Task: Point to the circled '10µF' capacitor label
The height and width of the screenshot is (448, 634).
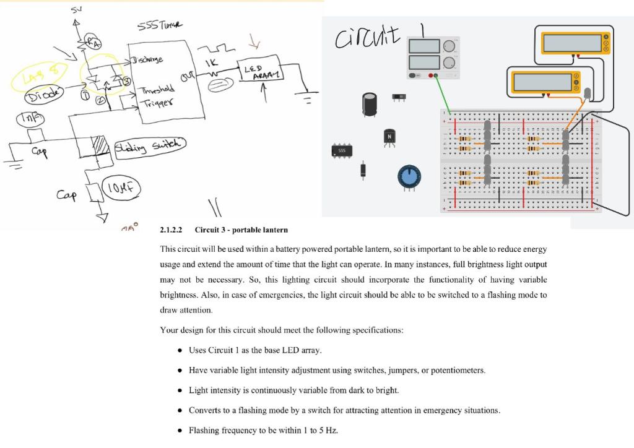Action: click(122, 187)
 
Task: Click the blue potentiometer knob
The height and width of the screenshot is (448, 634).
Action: click(409, 176)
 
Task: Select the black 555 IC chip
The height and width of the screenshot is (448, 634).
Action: click(342, 150)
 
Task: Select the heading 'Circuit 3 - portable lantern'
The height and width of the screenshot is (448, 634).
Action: click(241, 230)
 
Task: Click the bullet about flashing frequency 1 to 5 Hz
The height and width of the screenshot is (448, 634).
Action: click(263, 430)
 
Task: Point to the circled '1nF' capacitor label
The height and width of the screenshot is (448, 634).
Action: click(29, 118)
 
